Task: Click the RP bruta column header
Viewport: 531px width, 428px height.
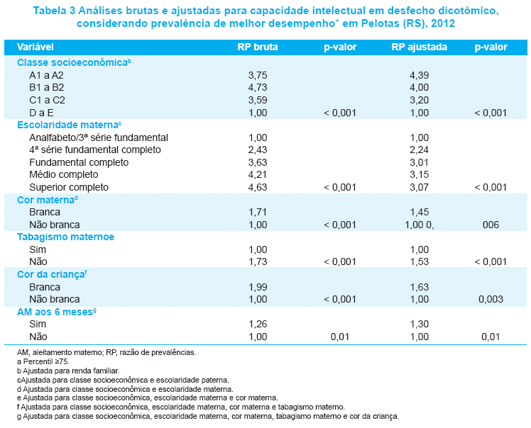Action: click(x=258, y=47)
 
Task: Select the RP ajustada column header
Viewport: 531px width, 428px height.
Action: click(x=420, y=47)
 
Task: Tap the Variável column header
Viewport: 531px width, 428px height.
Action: click(x=35, y=47)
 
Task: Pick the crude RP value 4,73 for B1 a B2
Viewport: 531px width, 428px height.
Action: click(x=258, y=88)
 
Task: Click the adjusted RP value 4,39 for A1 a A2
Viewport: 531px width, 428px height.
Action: click(x=420, y=75)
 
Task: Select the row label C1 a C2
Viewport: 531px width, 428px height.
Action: click(x=47, y=100)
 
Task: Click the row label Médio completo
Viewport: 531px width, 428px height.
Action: click(x=64, y=174)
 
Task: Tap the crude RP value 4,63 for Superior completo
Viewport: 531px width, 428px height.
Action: click(x=258, y=187)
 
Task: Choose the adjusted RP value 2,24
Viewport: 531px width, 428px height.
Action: click(x=420, y=150)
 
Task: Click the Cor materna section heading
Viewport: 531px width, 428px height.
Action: click(x=48, y=200)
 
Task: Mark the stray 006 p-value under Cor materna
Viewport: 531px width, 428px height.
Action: click(x=491, y=225)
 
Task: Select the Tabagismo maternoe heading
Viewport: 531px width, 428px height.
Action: click(x=66, y=237)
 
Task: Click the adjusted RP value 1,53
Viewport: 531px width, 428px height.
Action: click(x=420, y=261)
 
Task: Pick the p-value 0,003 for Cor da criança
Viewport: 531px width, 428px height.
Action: click(x=491, y=299)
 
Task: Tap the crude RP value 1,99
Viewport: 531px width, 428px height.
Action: click(x=258, y=287)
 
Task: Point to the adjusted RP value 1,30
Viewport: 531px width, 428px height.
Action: click(x=420, y=325)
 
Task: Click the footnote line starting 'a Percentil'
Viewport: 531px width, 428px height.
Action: click(x=43, y=361)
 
